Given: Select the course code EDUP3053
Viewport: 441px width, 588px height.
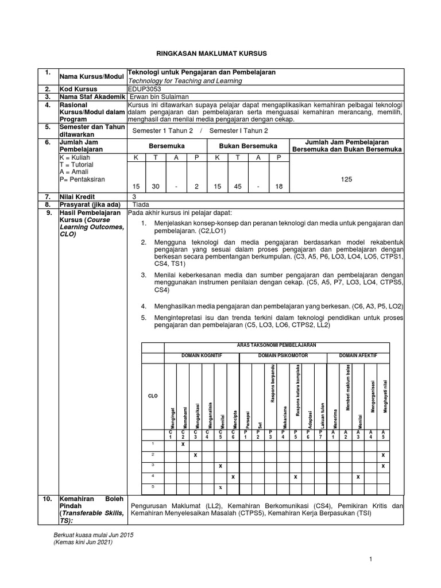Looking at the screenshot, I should click(x=144, y=90).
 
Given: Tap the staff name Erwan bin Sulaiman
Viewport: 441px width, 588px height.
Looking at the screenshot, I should click(x=157, y=98).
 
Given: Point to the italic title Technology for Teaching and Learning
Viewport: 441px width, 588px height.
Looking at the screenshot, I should click(x=184, y=81).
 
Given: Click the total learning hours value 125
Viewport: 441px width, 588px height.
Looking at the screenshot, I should click(x=346, y=180).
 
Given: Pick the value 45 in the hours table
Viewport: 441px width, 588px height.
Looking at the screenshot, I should click(x=237, y=186).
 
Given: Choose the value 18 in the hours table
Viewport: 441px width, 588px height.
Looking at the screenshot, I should click(x=279, y=186).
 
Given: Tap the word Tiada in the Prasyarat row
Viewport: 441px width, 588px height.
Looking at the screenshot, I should click(x=141, y=204).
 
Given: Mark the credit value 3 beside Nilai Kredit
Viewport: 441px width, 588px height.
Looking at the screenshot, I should click(x=134, y=196).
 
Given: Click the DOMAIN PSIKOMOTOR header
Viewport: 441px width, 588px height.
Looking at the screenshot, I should click(x=283, y=356).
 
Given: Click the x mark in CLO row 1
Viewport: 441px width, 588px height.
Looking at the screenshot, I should click(x=183, y=444).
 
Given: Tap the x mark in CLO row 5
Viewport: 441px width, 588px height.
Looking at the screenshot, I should click(x=220, y=487).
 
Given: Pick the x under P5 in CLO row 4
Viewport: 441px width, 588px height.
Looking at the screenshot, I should click(x=295, y=477).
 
